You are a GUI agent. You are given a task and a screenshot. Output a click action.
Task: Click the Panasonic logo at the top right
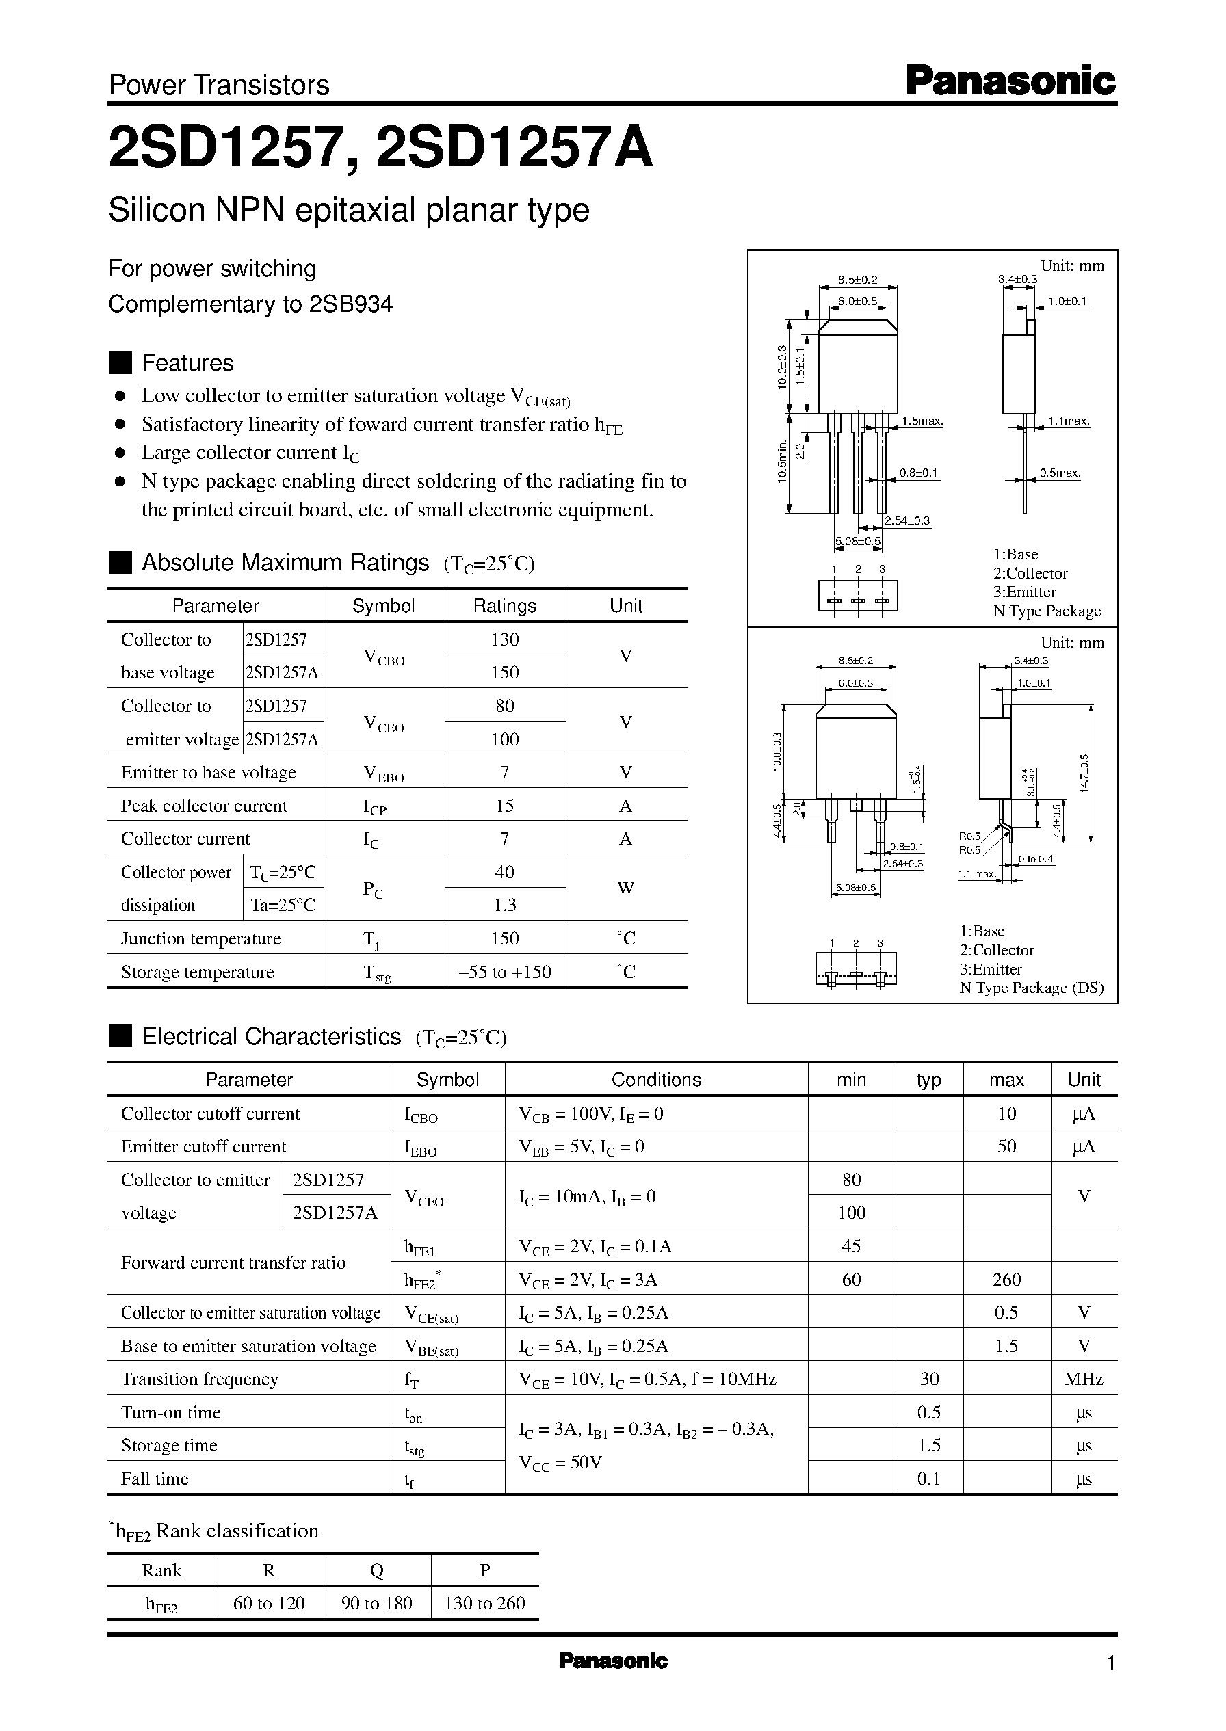[x=1009, y=81]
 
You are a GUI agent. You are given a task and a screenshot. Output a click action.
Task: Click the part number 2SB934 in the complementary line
[x=350, y=304]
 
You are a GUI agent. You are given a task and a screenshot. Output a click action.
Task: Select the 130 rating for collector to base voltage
[x=504, y=639]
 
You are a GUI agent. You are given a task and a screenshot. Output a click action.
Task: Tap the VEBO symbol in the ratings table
[x=384, y=774]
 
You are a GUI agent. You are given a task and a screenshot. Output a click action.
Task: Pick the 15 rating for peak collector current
[x=504, y=806]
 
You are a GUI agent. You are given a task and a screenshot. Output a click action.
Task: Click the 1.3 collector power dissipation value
[x=504, y=905]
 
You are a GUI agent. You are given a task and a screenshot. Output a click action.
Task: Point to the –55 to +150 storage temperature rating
[x=504, y=972]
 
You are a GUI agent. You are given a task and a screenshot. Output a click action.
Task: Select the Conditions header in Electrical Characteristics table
[x=655, y=1080]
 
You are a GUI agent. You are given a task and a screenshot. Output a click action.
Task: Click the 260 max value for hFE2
[x=1006, y=1280]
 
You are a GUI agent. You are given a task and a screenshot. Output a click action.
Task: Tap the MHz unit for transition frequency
[x=1083, y=1379]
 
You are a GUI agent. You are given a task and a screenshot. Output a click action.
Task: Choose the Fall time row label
[x=155, y=1479]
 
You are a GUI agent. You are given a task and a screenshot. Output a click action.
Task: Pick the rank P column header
[x=484, y=1570]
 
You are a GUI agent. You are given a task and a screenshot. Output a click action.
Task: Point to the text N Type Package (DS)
[x=1031, y=988]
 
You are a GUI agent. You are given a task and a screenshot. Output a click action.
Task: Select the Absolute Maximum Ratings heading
[x=285, y=563]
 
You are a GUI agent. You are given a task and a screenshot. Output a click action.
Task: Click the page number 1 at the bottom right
[x=1110, y=1663]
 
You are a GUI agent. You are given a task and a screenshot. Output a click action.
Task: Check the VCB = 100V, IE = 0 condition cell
[x=591, y=1113]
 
